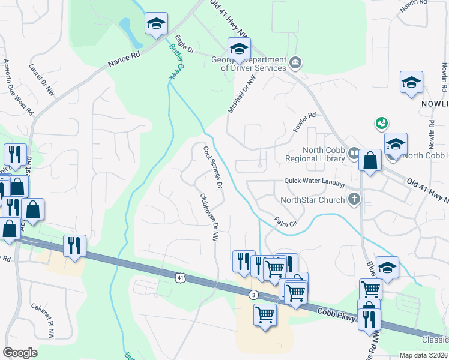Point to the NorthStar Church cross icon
pos(355,199)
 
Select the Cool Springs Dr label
pos(213,167)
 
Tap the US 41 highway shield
pos(181,277)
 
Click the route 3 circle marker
pos(254,295)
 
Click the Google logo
pos(20,353)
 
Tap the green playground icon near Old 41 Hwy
pos(380,123)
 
